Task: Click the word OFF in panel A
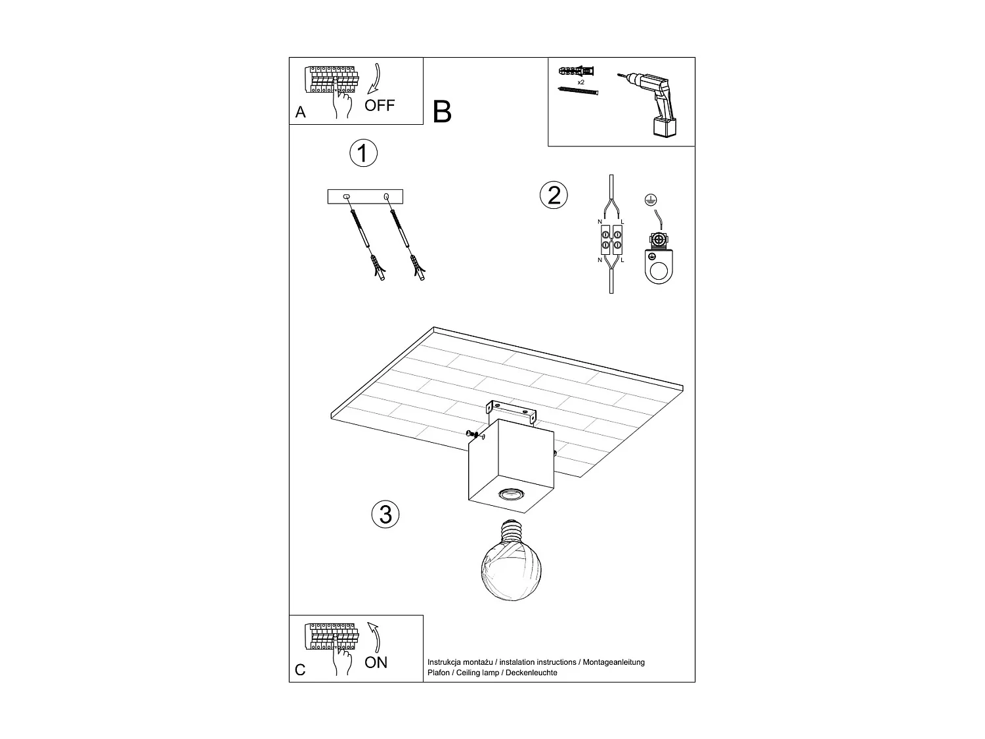(x=380, y=105)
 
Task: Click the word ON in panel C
(x=376, y=662)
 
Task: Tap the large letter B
(x=442, y=112)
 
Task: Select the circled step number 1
(x=362, y=153)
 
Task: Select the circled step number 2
(x=554, y=195)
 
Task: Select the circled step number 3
(x=385, y=514)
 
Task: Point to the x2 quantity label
(x=580, y=83)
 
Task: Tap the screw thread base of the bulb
(x=510, y=530)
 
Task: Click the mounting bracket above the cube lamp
(x=511, y=410)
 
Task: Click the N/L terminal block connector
(x=611, y=241)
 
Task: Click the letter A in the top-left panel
(x=301, y=112)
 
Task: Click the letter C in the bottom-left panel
(x=301, y=670)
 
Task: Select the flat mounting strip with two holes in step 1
(x=365, y=196)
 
